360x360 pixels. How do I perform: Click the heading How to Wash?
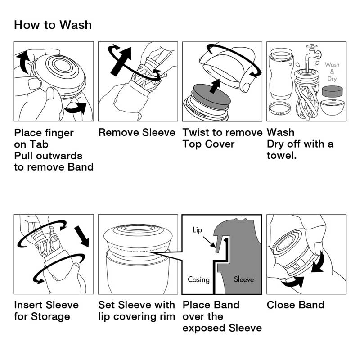click(x=53, y=25)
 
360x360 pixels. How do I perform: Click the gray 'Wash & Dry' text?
click(x=332, y=72)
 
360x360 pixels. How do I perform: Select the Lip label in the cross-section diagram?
click(x=198, y=230)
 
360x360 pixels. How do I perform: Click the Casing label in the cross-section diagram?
click(x=198, y=279)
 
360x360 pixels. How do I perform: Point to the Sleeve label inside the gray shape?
click(x=244, y=279)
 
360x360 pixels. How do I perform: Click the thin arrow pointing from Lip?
click(x=209, y=242)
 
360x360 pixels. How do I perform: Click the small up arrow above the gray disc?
click(x=216, y=86)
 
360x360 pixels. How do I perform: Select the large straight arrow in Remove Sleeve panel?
click(x=121, y=62)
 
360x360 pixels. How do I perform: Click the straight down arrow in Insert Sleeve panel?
click(x=82, y=236)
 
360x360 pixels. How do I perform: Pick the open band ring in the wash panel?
click(x=279, y=108)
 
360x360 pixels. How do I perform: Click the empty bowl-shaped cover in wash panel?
click(x=332, y=107)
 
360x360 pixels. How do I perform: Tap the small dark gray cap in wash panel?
click(x=332, y=91)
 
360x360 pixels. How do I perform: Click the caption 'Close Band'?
click(x=296, y=305)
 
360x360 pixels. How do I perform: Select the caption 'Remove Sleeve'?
click(x=137, y=132)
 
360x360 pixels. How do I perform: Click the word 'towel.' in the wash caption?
click(x=282, y=155)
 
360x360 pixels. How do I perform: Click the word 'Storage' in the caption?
click(x=50, y=317)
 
